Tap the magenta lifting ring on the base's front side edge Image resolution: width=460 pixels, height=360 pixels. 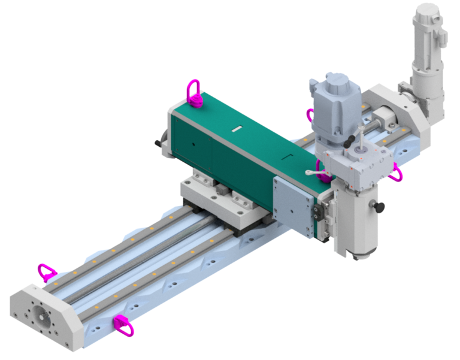coord(124,324)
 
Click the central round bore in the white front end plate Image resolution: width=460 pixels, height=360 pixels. coord(43,315)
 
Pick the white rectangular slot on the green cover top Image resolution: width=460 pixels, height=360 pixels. coord(236,128)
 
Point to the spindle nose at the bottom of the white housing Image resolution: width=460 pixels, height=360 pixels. coord(359,256)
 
